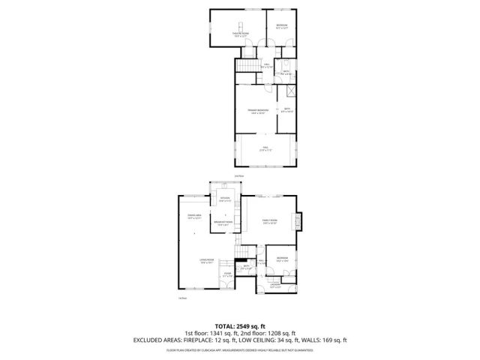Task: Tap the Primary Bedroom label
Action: coord(257,111)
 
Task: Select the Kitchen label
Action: coord(223,199)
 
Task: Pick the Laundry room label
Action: coord(275,285)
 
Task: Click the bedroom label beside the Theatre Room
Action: coord(280,27)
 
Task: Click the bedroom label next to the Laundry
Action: coord(280,259)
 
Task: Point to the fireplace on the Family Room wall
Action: coord(300,220)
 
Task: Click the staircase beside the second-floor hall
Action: coord(247,67)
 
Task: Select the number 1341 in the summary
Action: coord(217,332)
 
